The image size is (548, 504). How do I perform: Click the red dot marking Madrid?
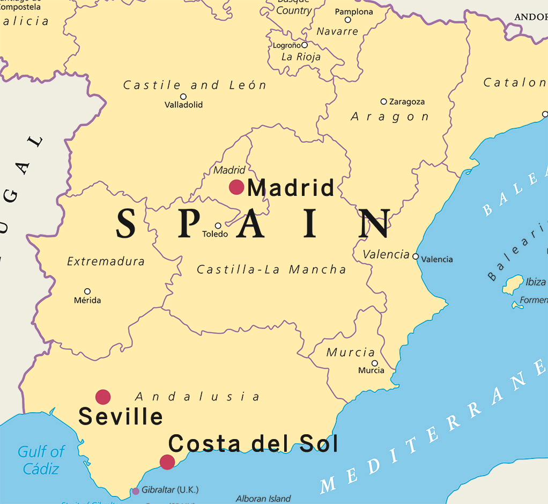coord(236,187)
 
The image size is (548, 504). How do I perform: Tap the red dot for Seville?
coord(103,397)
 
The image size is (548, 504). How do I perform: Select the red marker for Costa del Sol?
coord(167,462)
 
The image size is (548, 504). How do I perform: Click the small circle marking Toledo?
coord(218,226)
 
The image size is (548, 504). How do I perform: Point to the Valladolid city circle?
coord(183,97)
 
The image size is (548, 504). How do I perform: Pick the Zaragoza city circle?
coord(384,101)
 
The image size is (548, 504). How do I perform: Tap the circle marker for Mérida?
coord(87,291)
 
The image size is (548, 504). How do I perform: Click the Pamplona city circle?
coord(348,20)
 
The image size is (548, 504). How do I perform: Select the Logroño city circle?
coord(305,45)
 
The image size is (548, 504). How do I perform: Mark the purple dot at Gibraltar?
coord(136,491)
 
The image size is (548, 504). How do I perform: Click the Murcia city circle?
coord(375,363)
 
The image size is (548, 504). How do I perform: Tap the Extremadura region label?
coord(106,262)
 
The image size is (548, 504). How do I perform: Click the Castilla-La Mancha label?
coord(271,269)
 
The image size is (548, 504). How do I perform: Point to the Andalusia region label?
coord(197,397)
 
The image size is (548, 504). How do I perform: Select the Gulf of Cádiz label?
coord(41,460)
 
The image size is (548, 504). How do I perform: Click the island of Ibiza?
coord(513,284)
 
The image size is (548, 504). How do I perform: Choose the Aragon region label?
coord(390,117)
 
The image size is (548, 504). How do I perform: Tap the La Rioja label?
coord(301,57)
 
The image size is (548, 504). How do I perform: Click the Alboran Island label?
coord(263,499)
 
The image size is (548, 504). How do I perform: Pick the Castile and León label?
coord(195,85)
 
